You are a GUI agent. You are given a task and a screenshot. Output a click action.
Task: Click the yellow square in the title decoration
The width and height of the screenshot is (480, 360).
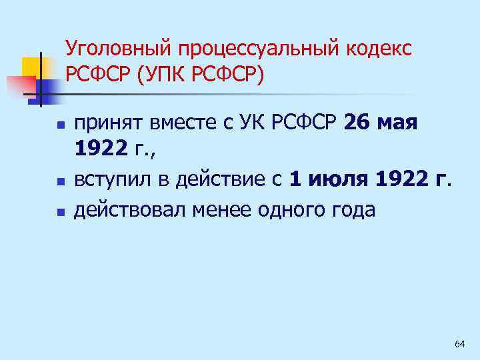click(31, 67)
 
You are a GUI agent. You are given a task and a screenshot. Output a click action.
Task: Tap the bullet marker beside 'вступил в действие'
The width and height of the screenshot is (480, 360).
click(59, 181)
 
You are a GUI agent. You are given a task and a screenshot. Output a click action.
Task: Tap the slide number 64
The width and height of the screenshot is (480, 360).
click(459, 344)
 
